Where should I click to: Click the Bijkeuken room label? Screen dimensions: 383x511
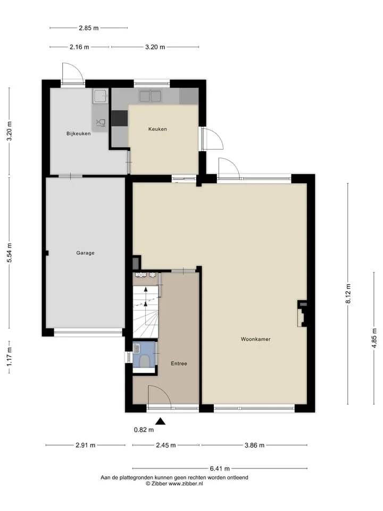click(79, 134)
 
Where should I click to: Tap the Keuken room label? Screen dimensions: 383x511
click(157, 129)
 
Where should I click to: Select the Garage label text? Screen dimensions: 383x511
click(85, 253)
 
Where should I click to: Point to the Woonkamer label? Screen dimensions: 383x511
click(256, 339)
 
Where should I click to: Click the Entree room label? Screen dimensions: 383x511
click(179, 364)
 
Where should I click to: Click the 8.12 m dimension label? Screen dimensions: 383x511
click(348, 294)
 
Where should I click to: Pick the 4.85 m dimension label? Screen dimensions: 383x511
click(374, 339)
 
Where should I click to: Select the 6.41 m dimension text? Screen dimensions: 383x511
click(220, 468)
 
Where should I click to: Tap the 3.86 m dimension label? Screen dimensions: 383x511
click(254, 445)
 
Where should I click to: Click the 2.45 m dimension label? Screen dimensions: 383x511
click(166, 445)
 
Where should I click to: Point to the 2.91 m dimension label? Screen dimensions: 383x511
click(85, 445)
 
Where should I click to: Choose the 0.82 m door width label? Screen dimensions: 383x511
click(144, 430)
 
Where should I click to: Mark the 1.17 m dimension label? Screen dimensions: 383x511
click(10, 356)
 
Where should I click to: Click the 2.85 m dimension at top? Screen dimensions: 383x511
click(89, 28)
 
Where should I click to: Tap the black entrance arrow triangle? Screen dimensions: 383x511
click(160, 422)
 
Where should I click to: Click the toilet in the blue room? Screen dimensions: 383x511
click(144, 361)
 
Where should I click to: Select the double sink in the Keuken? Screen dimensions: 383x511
click(150, 96)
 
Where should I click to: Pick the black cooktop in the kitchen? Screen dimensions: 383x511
click(120, 118)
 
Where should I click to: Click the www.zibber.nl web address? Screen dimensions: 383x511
click(185, 484)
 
